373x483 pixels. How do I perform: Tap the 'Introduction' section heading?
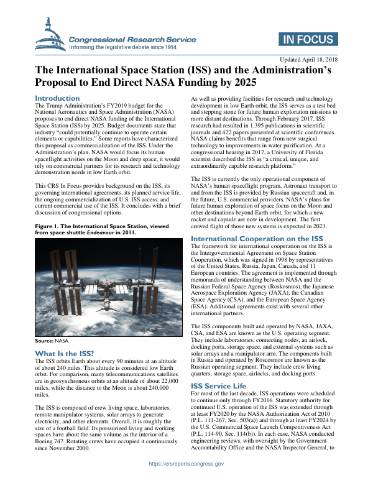click(x=57, y=98)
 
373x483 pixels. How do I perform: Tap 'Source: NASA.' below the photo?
click(x=52, y=341)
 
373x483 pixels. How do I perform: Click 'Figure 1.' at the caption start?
click(x=48, y=208)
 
